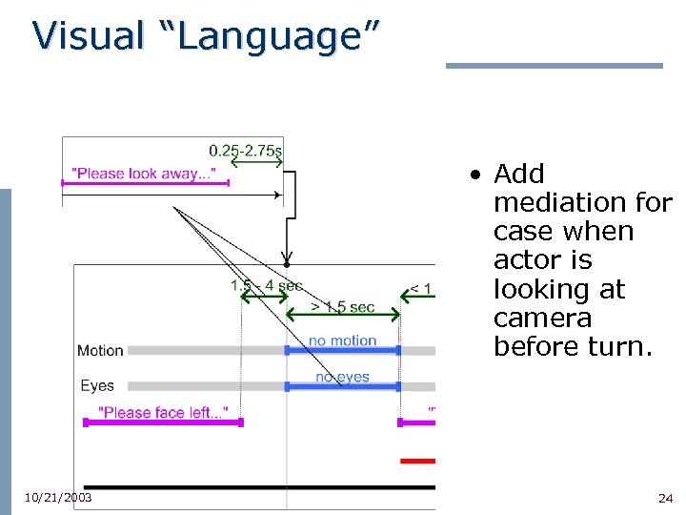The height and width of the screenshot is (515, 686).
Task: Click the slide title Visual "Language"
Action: pyautogui.click(x=206, y=36)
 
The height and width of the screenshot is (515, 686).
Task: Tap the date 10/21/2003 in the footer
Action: pyautogui.click(x=58, y=498)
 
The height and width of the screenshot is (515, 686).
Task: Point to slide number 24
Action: pyautogui.click(x=665, y=499)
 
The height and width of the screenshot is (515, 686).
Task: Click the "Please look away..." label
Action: pyautogui.click(x=145, y=174)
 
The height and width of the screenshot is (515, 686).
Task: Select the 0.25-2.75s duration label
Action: pyautogui.click(x=245, y=150)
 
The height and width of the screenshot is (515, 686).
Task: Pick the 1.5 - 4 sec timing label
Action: pyautogui.click(x=266, y=285)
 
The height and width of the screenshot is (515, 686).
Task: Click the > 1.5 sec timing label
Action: pyautogui.click(x=343, y=307)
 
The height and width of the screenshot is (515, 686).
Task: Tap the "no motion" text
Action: pyautogui.click(x=342, y=340)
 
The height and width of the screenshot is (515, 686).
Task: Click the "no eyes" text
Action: pyautogui.click(x=342, y=377)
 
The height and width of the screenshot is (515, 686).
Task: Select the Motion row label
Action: pyautogui.click(x=100, y=351)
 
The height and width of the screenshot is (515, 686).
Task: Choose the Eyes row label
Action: pyautogui.click(x=97, y=386)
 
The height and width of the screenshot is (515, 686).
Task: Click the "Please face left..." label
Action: pyautogui.click(x=163, y=412)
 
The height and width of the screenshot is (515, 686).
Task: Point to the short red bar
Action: pyautogui.click(x=417, y=461)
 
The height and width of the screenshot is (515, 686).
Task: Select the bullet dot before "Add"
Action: pyautogui.click(x=474, y=175)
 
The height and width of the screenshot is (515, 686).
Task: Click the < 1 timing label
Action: pyautogui.click(x=420, y=289)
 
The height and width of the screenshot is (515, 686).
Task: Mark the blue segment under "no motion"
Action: pyautogui.click(x=342, y=351)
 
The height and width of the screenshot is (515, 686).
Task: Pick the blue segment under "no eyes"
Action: pyautogui.click(x=342, y=386)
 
